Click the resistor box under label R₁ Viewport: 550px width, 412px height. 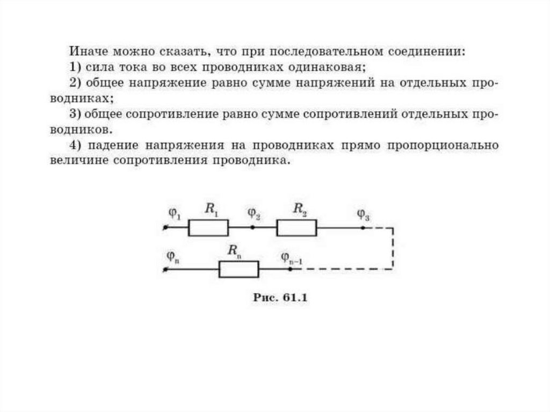tap(208, 228)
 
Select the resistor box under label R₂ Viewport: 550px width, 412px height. tap(296, 228)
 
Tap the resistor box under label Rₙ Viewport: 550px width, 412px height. tap(239, 269)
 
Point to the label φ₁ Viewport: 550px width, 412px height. tap(174, 213)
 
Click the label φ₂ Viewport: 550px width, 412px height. tap(253, 213)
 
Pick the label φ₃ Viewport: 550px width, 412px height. tap(363, 215)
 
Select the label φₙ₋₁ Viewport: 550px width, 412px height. tap(292, 257)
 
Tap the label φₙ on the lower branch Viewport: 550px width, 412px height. tap(172, 256)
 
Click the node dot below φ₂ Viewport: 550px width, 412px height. tap(253, 228)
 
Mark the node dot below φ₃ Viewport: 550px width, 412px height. tap(363, 228)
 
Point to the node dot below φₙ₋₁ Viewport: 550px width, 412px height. tap(291, 269)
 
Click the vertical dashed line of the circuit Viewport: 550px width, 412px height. tap(393, 248)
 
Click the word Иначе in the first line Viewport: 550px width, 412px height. tap(85, 52)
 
